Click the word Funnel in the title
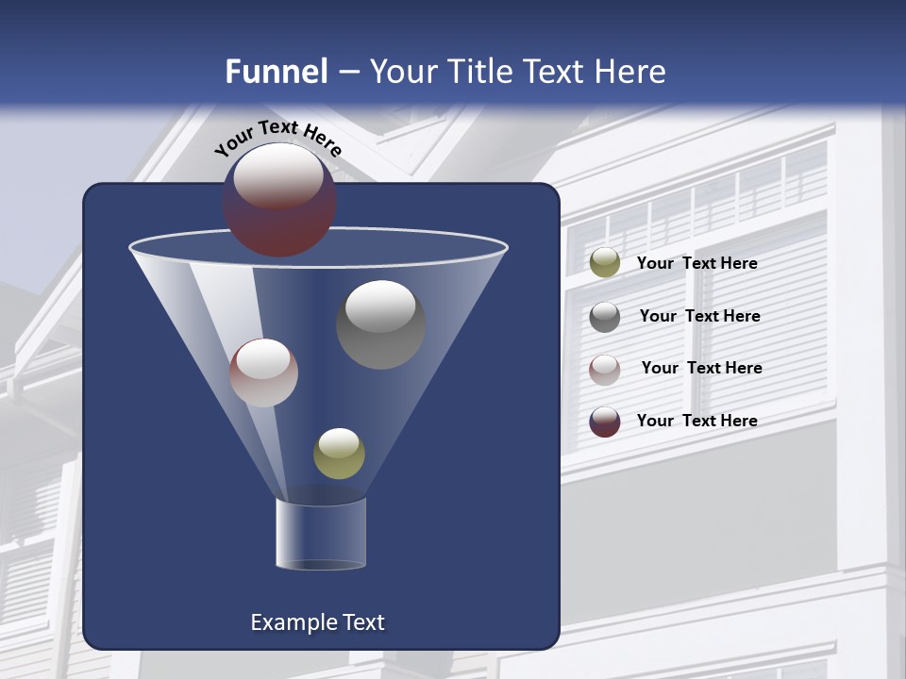[276, 72]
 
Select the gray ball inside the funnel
[380, 325]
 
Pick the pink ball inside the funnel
[263, 373]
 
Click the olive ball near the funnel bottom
[339, 454]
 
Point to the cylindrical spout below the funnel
[321, 536]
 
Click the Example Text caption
[318, 622]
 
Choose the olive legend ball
[604, 263]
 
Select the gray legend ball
[604, 316]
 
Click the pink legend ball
[604, 369]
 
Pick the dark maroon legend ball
[604, 422]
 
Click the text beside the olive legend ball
[696, 263]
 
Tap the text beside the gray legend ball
[699, 316]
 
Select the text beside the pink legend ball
[701, 368]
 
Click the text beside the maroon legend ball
[696, 421]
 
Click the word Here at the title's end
[631, 72]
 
